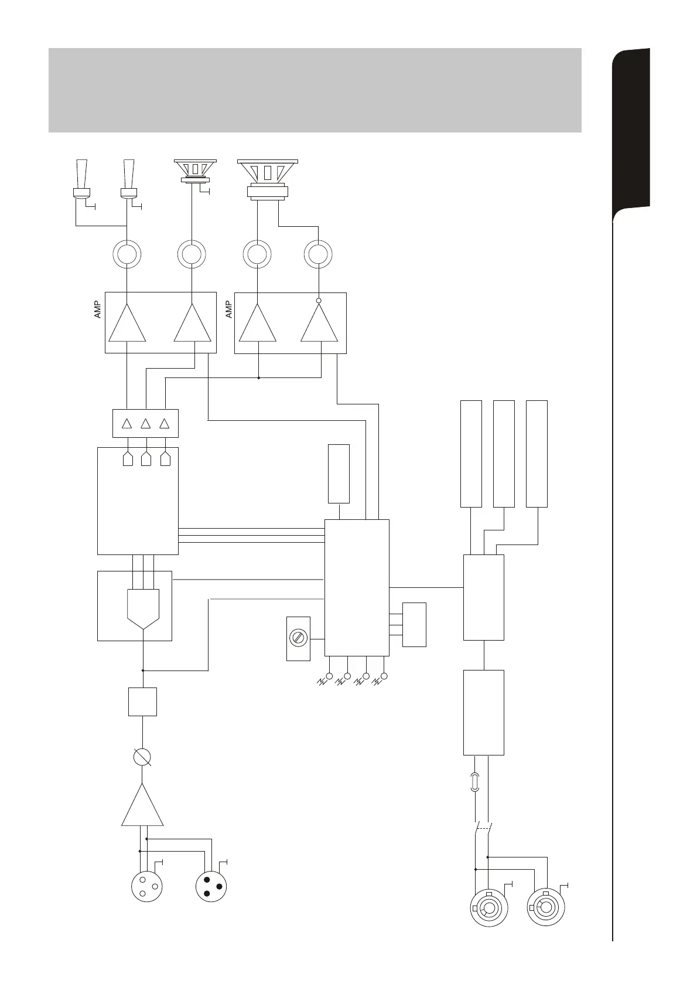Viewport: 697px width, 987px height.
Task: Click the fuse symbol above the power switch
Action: (x=475, y=782)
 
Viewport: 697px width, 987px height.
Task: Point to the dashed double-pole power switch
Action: (x=483, y=829)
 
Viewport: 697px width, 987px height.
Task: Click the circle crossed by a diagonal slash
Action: (x=142, y=757)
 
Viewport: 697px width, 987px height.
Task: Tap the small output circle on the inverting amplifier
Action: (x=319, y=301)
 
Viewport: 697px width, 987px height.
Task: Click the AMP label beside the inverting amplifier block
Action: (x=229, y=309)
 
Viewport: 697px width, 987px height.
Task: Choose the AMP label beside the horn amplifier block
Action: (x=98, y=309)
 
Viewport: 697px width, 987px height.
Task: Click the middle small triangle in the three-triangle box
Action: (x=146, y=423)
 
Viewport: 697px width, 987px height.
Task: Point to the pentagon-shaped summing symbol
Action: (x=143, y=608)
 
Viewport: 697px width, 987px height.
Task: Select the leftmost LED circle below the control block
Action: (x=329, y=676)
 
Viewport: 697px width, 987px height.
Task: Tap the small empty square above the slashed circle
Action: (x=142, y=702)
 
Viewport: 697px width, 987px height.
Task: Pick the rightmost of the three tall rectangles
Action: (x=537, y=454)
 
